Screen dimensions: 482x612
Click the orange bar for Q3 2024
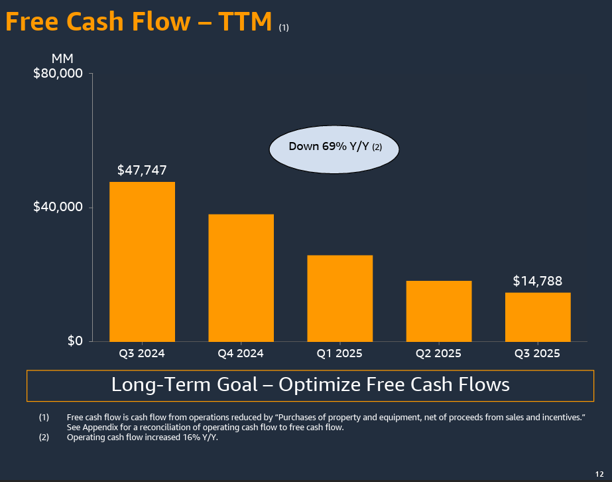(142, 262)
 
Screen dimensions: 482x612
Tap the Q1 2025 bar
(339, 298)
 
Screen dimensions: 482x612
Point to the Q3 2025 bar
(538, 317)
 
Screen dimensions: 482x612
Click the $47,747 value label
(141, 170)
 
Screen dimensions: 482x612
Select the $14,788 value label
(538, 281)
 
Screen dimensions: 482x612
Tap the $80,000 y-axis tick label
(58, 73)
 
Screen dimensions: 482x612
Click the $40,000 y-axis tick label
(58, 207)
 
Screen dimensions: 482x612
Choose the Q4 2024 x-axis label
(241, 353)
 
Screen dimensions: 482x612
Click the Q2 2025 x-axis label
(438, 353)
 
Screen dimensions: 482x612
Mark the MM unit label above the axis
(62, 59)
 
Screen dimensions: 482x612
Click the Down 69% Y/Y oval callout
(334, 147)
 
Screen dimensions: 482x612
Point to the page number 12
(601, 473)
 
